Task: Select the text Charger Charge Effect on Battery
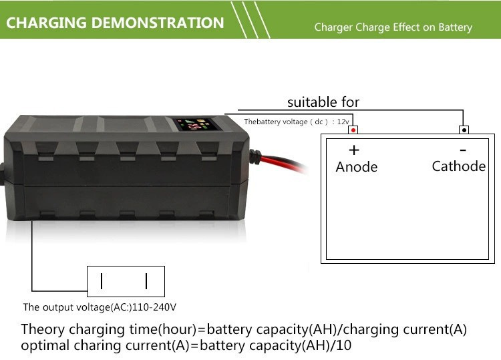point(393,28)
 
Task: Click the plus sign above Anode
point(354,150)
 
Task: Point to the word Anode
point(357,167)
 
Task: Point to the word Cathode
point(459,166)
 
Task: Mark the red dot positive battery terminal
point(353,130)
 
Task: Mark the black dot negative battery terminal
point(464,130)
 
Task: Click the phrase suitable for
point(323,102)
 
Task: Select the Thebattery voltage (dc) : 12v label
point(296,122)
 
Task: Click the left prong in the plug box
point(102,281)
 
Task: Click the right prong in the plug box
point(146,281)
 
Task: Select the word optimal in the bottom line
point(44,346)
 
